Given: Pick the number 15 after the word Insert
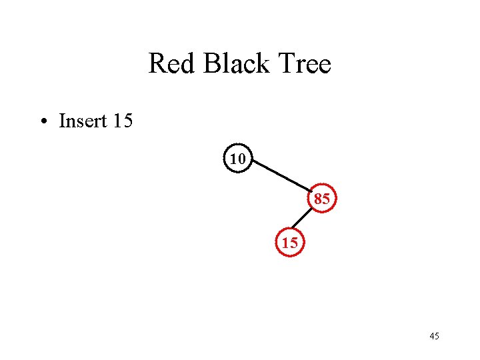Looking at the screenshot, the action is click(123, 121).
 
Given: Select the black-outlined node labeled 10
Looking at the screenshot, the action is click(238, 159).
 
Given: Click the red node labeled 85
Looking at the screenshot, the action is click(321, 198).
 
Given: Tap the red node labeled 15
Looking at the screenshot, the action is click(289, 243).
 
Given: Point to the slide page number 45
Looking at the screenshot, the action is click(434, 336).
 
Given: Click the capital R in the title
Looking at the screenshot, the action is click(156, 64).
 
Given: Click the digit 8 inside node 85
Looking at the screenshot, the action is click(318, 198).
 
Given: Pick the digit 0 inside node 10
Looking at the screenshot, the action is click(242, 159).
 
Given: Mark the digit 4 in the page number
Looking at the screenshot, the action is click(432, 336).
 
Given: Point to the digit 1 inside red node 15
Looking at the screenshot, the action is click(285, 243).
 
